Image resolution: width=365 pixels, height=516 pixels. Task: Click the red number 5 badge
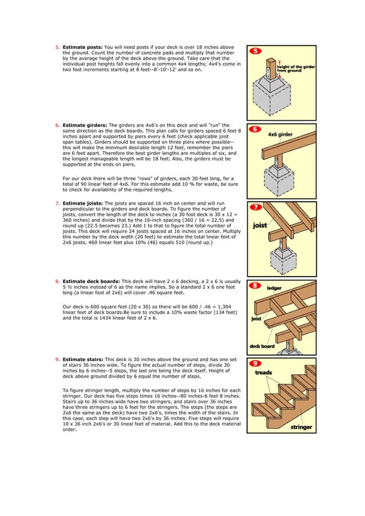coord(256,51)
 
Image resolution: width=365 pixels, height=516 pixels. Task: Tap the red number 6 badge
coord(256,129)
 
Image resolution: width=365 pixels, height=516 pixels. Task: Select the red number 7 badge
coord(256,207)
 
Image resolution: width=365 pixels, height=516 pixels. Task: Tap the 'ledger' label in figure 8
coord(275,289)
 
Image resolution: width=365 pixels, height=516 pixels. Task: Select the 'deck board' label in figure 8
coord(261,346)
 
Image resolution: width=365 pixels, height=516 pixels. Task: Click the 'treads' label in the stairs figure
coord(263,373)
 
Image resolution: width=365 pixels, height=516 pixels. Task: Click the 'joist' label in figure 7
coord(261,225)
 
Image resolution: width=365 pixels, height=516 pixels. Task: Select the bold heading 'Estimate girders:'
coord(85,125)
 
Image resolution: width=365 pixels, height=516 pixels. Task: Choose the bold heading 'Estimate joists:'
coord(84,203)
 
